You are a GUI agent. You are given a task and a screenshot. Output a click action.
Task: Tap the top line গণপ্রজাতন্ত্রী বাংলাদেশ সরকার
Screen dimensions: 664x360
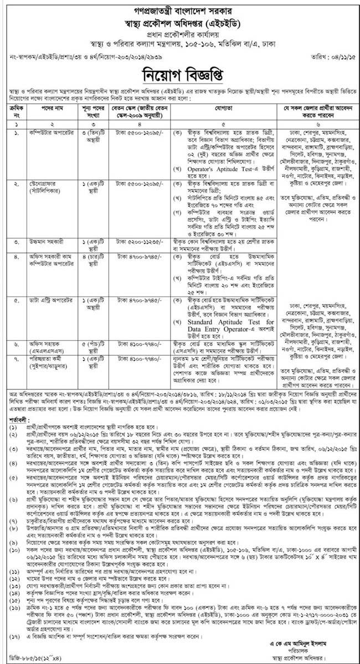pyautogui.click(x=181, y=7)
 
